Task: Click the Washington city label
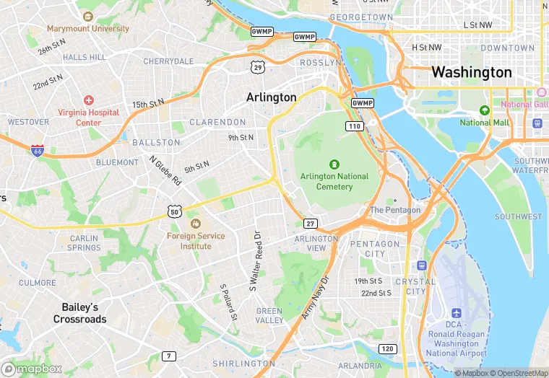tap(471, 73)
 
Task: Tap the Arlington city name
tap(271, 97)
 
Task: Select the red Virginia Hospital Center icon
tap(88, 100)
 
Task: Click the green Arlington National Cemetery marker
tap(334, 164)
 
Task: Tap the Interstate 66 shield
tap(38, 150)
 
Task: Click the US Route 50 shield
tap(173, 211)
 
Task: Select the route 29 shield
tap(258, 67)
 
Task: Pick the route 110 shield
tap(354, 126)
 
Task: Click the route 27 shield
tap(311, 224)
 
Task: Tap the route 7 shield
tap(168, 356)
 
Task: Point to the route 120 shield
tap(388, 349)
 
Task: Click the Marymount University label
tap(88, 29)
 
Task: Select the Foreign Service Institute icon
tap(196, 224)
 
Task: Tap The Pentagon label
tap(395, 210)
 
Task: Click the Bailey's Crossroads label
tap(79, 313)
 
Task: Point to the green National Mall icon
tap(485, 110)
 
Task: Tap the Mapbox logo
tap(31, 368)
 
